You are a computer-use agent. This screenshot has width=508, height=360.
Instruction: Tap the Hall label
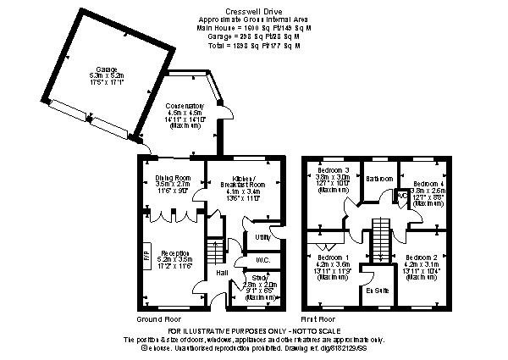point(221,272)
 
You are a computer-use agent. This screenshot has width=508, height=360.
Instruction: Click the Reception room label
point(174,253)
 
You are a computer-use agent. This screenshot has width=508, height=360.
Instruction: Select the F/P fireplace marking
point(145,253)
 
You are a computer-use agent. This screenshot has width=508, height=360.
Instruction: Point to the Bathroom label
point(379,179)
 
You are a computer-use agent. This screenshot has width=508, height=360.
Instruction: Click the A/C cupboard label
point(402,196)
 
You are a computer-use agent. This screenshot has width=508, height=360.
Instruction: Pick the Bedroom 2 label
point(421,257)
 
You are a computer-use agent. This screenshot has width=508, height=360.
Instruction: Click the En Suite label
point(377,291)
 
